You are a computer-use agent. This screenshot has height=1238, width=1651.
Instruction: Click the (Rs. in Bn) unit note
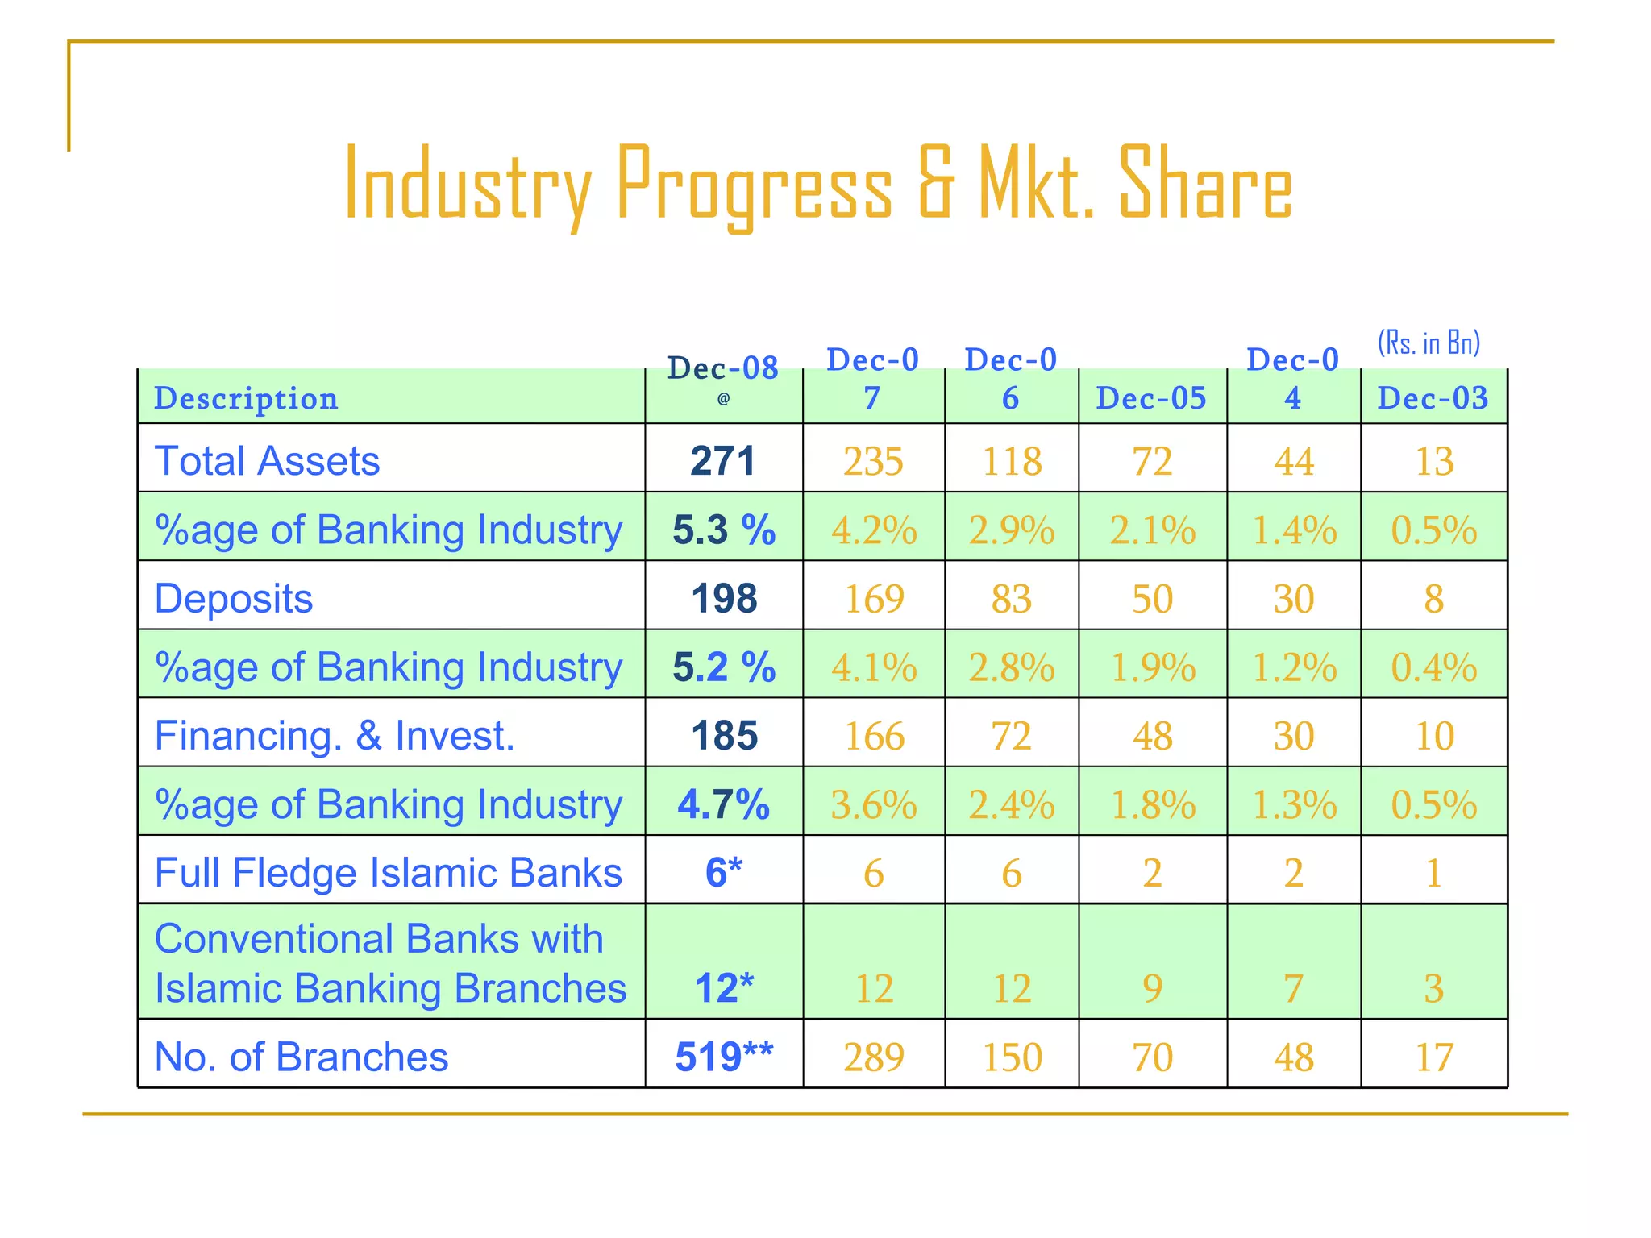click(x=1429, y=343)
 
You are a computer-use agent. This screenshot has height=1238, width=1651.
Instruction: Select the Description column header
click(x=246, y=399)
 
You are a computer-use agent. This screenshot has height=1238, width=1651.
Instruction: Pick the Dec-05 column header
click(x=1151, y=398)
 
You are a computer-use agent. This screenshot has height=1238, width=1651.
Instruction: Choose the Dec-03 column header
click(x=1433, y=398)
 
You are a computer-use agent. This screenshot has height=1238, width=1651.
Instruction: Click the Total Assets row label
click(x=267, y=461)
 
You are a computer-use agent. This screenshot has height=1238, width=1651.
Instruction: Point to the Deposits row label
click(x=234, y=599)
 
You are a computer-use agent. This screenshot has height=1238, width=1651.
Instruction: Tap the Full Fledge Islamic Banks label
click(x=388, y=873)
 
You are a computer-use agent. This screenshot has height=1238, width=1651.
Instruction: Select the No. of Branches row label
click(x=301, y=1057)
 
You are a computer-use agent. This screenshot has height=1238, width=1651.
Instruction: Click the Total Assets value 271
click(x=723, y=461)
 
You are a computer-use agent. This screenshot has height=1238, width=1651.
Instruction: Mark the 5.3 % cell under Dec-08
click(x=724, y=530)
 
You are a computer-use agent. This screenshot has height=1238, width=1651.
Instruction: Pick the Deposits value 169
click(x=874, y=599)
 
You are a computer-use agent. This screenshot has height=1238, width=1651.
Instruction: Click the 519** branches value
click(x=724, y=1057)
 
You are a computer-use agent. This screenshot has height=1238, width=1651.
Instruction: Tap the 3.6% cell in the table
click(x=874, y=804)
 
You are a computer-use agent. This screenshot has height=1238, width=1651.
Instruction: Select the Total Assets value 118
click(x=1012, y=461)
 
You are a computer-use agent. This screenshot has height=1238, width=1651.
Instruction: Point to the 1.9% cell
click(x=1153, y=667)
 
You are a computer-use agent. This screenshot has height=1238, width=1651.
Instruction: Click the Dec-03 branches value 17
click(x=1434, y=1057)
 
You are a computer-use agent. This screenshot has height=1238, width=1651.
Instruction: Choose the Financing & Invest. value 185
click(x=724, y=736)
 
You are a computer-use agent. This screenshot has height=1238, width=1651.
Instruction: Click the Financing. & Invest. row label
click(x=335, y=736)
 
